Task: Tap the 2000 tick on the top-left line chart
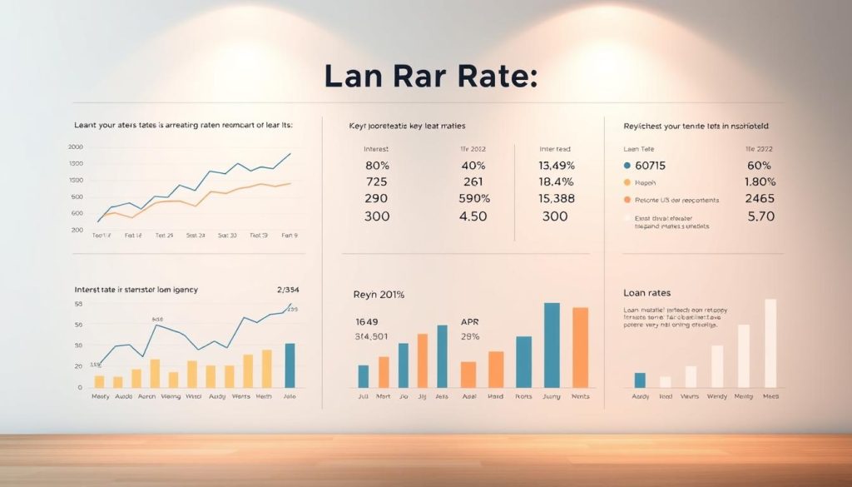pyautogui.click(x=76, y=147)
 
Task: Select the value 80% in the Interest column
pyautogui.click(x=377, y=166)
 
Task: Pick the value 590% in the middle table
pyautogui.click(x=474, y=199)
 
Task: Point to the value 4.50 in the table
pyautogui.click(x=473, y=216)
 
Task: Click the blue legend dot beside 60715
pyautogui.click(x=627, y=166)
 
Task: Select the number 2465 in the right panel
pyautogui.click(x=760, y=199)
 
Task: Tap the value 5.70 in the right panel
pyautogui.click(x=760, y=216)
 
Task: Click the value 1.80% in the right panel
pyautogui.click(x=760, y=182)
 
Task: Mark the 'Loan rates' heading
pyautogui.click(x=646, y=293)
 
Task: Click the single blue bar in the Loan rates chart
pyautogui.click(x=640, y=380)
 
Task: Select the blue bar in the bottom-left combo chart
pyautogui.click(x=290, y=365)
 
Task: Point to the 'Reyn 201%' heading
pyautogui.click(x=379, y=295)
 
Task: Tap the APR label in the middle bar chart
pyautogui.click(x=470, y=321)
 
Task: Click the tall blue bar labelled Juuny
pyautogui.click(x=552, y=345)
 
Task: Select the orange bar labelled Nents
pyautogui.click(x=580, y=348)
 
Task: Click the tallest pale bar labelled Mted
pyautogui.click(x=770, y=344)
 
